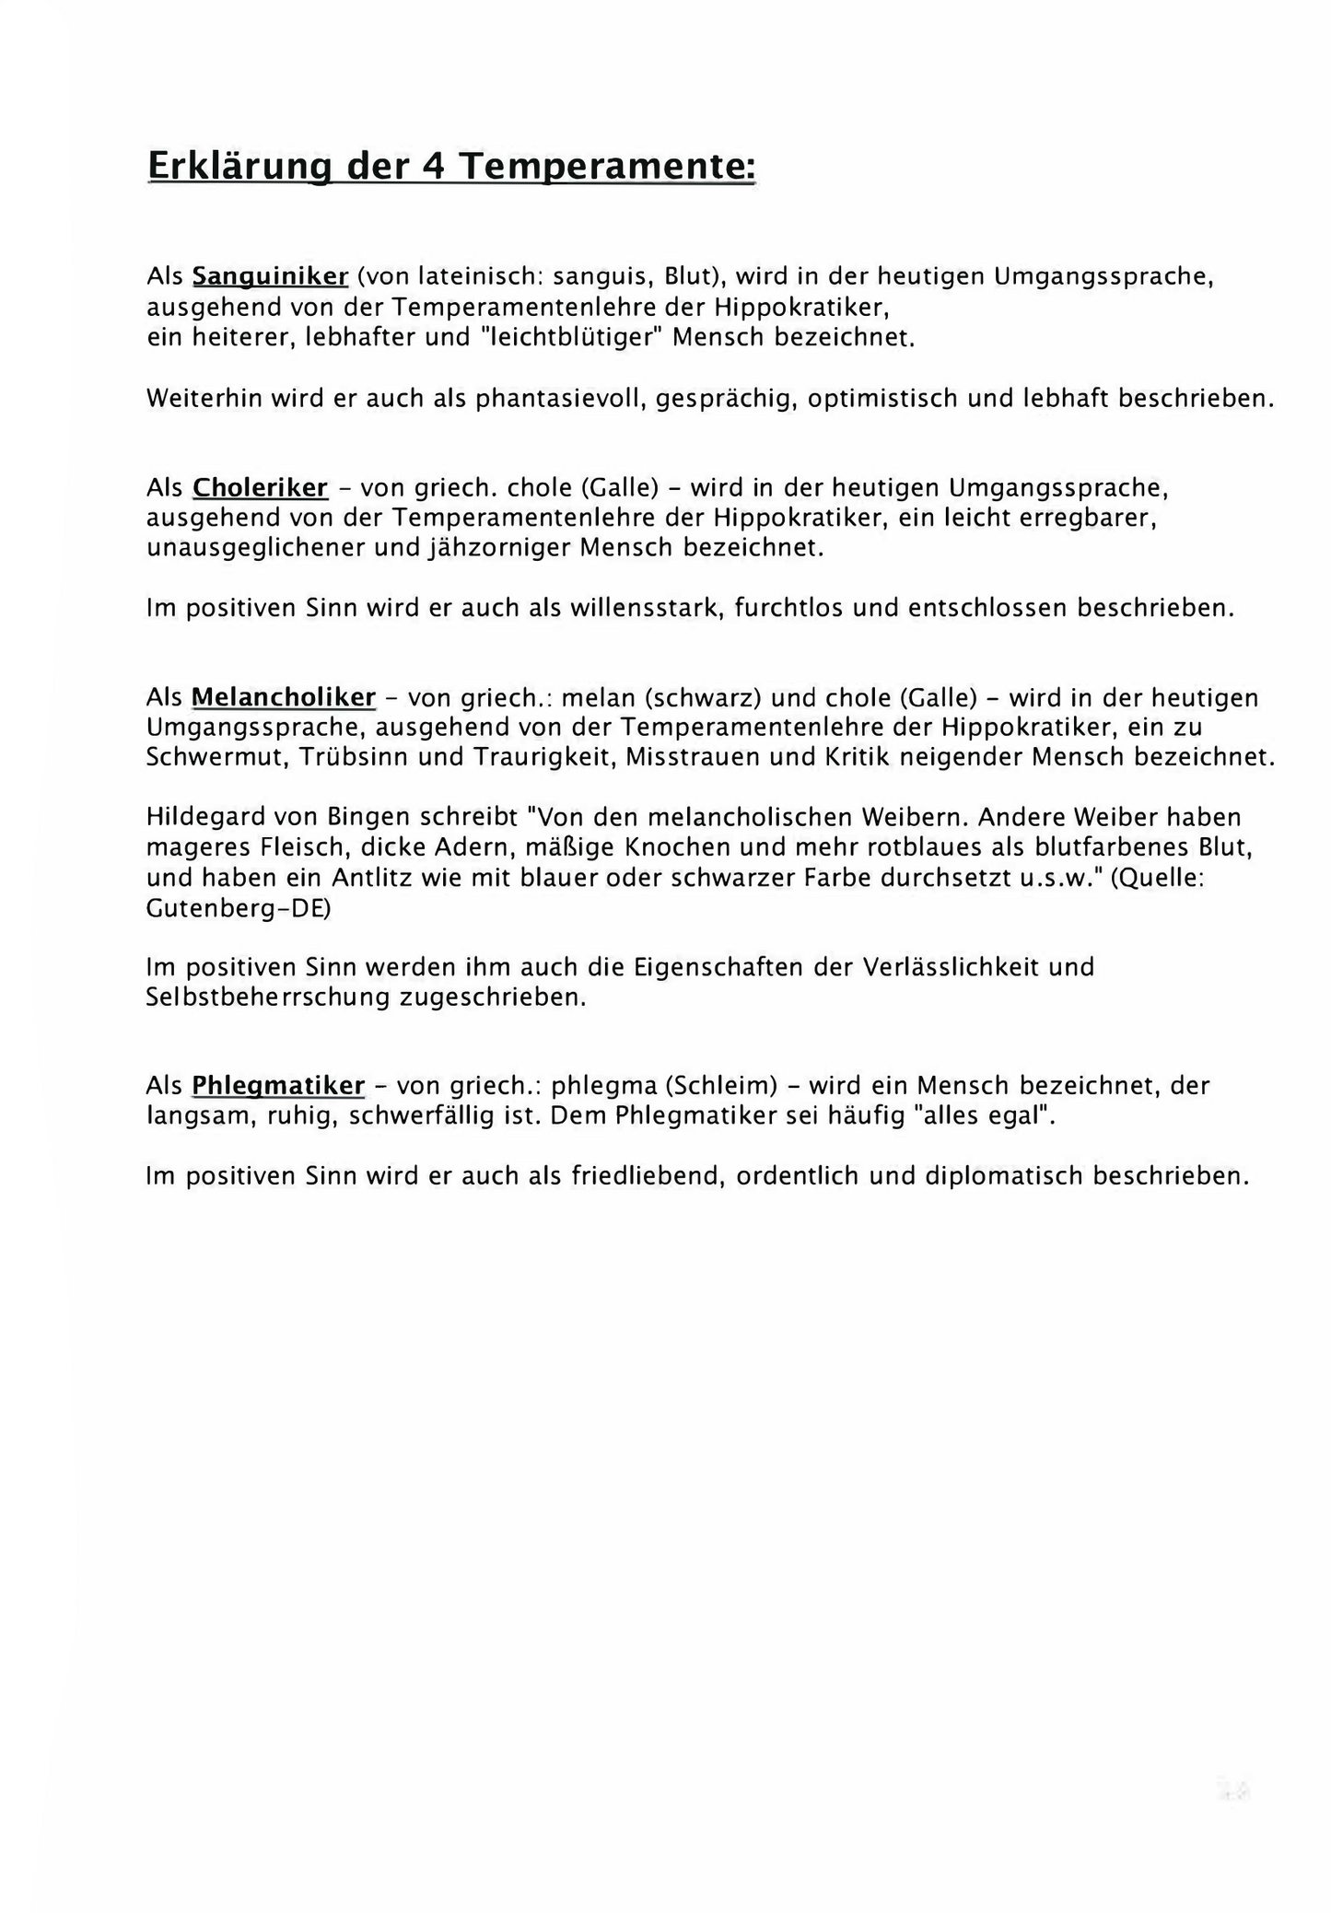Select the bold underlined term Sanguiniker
[x=270, y=275]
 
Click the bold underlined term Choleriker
[x=260, y=486]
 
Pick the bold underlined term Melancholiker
[x=284, y=696]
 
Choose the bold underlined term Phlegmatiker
[x=278, y=1085]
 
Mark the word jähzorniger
[x=499, y=547]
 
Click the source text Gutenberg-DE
[x=239, y=908]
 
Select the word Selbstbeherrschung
[x=267, y=997]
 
